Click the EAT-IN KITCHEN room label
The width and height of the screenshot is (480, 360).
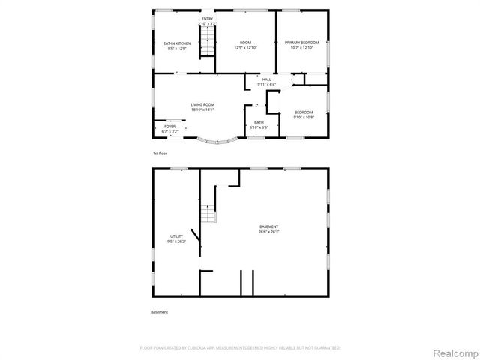(177, 43)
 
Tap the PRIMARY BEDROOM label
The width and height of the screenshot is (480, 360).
(301, 43)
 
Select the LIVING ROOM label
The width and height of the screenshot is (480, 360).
(202, 104)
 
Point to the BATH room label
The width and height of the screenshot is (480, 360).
(259, 122)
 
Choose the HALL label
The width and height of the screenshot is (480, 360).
(266, 79)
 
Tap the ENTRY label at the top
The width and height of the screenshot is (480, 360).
(208, 18)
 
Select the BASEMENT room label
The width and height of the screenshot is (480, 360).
(269, 226)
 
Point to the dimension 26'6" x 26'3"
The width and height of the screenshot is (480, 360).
(269, 232)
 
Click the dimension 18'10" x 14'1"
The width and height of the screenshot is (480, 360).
(202, 109)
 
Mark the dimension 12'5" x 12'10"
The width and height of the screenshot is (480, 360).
(245, 48)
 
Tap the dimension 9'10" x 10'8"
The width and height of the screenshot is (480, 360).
(304, 118)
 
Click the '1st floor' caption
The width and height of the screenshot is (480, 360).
(160, 153)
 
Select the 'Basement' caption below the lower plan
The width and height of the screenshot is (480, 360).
(159, 312)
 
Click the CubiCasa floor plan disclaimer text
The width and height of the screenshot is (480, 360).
(240, 348)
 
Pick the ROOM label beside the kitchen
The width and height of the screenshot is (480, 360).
(245, 43)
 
